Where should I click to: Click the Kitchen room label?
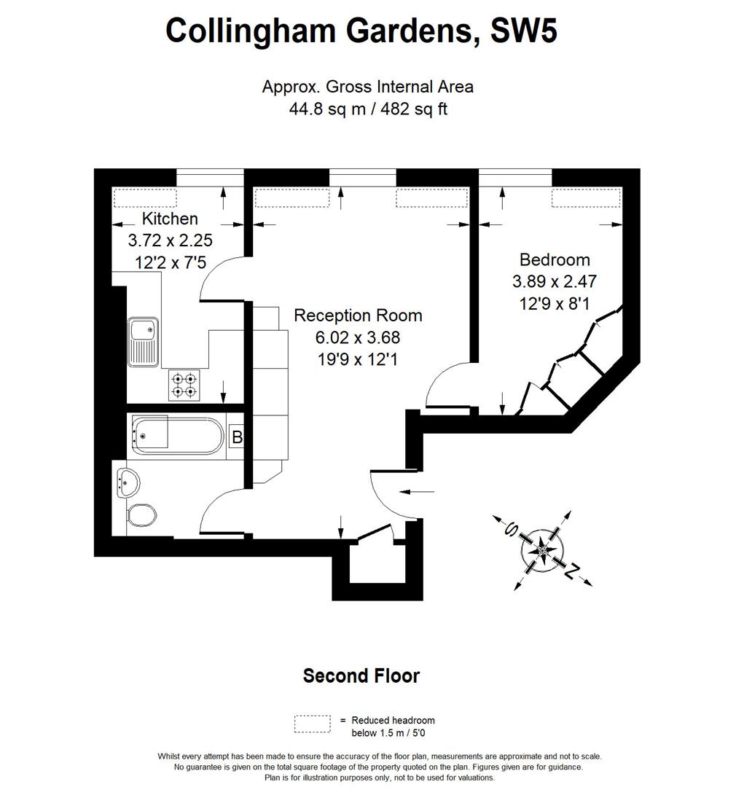(169, 218)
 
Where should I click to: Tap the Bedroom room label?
(555, 259)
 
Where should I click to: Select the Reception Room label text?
(358, 316)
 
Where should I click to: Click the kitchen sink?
(143, 341)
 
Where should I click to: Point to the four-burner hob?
(184, 385)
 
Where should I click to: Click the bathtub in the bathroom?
(174, 436)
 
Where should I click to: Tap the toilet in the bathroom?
(141, 516)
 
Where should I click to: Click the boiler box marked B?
(236, 437)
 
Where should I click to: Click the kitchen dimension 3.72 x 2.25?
(170, 240)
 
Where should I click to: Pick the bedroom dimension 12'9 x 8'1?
(554, 302)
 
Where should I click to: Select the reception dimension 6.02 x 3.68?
(358, 337)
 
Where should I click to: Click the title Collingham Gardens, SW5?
(361, 31)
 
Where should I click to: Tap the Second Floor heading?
(361, 676)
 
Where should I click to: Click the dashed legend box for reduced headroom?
(313, 724)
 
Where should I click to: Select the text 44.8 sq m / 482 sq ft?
(367, 109)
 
